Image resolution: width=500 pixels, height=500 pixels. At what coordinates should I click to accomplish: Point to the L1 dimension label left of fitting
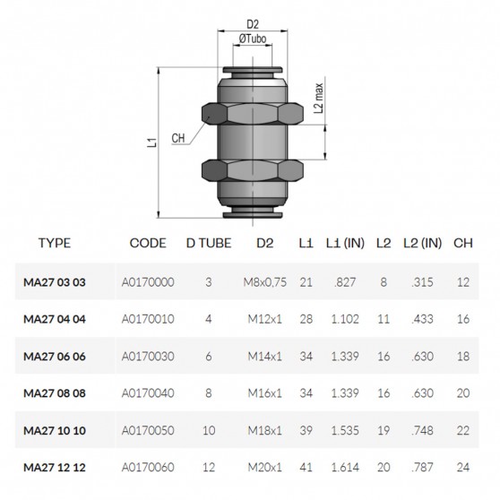point(152,141)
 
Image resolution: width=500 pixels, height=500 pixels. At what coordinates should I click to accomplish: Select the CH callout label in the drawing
point(177,139)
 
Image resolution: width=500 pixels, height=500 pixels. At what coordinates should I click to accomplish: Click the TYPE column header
point(54,243)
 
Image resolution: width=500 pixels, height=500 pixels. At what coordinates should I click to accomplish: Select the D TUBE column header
point(208,243)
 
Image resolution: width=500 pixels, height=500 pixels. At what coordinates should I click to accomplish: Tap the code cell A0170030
point(147,356)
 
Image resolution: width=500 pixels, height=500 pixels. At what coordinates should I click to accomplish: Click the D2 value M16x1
point(265,392)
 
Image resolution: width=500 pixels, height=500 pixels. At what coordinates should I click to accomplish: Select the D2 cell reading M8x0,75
point(265,282)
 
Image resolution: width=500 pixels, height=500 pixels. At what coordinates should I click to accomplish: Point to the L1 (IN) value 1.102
point(344,319)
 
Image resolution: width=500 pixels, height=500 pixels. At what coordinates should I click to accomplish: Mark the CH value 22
point(462,429)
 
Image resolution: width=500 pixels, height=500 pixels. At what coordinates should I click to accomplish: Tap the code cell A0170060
point(147,466)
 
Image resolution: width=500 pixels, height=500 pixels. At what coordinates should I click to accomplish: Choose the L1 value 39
point(306,429)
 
